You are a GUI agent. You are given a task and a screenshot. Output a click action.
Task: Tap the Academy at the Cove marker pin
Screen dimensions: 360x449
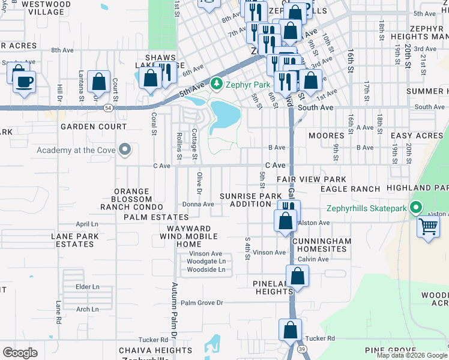pyautogui.click(x=125, y=149)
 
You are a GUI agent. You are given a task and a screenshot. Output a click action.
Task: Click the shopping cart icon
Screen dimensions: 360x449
pyautogui.click(x=429, y=227)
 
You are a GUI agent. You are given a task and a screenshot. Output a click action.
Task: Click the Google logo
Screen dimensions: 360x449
pyautogui.click(x=20, y=352)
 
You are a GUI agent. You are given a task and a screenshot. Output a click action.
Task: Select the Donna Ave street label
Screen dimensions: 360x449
pyautogui.click(x=198, y=204)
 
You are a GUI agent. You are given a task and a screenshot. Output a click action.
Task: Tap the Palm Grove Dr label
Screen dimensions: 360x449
pyautogui.click(x=202, y=303)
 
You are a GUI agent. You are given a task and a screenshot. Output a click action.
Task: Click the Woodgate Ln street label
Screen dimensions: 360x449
pyautogui.click(x=206, y=262)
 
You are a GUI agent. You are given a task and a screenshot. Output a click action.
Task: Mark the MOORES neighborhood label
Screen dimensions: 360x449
pyautogui.click(x=326, y=136)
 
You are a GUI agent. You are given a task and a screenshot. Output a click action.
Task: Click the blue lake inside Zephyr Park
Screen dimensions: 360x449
pyautogui.click(x=224, y=115)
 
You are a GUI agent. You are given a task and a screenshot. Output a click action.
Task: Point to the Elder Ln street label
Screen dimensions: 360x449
pyautogui.click(x=87, y=287)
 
